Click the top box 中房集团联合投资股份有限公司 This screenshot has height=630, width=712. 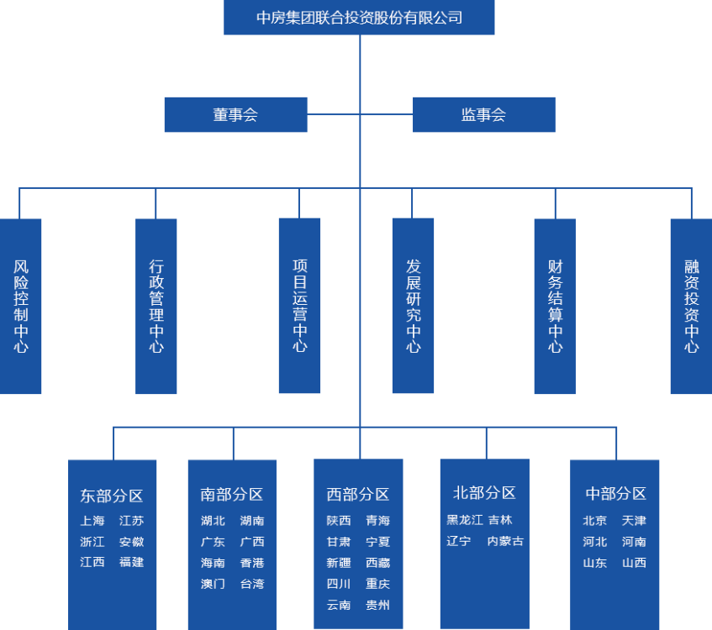click(x=359, y=18)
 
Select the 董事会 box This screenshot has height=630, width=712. click(x=235, y=115)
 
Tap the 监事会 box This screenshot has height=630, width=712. click(x=483, y=115)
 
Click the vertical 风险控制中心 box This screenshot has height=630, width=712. click(x=21, y=306)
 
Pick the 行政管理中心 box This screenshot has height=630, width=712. click(x=156, y=306)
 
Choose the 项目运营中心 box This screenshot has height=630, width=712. click(x=300, y=306)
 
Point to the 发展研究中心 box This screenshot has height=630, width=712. click(x=413, y=306)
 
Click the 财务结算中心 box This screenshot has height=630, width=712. click(x=555, y=306)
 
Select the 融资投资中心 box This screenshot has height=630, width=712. click(x=691, y=306)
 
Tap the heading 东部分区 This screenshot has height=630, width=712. click(x=112, y=496)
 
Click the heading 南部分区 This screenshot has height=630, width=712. click(x=232, y=495)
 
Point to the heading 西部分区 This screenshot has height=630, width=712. click(x=358, y=495)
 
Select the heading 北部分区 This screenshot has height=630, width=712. click(x=484, y=493)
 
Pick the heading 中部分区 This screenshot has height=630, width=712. click(x=615, y=494)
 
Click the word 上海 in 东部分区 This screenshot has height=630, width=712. click(x=92, y=521)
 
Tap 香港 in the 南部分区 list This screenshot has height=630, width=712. click(x=252, y=563)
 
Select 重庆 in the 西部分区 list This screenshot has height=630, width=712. click(x=377, y=584)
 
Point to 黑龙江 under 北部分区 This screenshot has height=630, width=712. click(x=465, y=520)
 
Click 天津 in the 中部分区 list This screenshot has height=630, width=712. click(x=634, y=521)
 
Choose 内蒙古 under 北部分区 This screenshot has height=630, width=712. click(x=505, y=541)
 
